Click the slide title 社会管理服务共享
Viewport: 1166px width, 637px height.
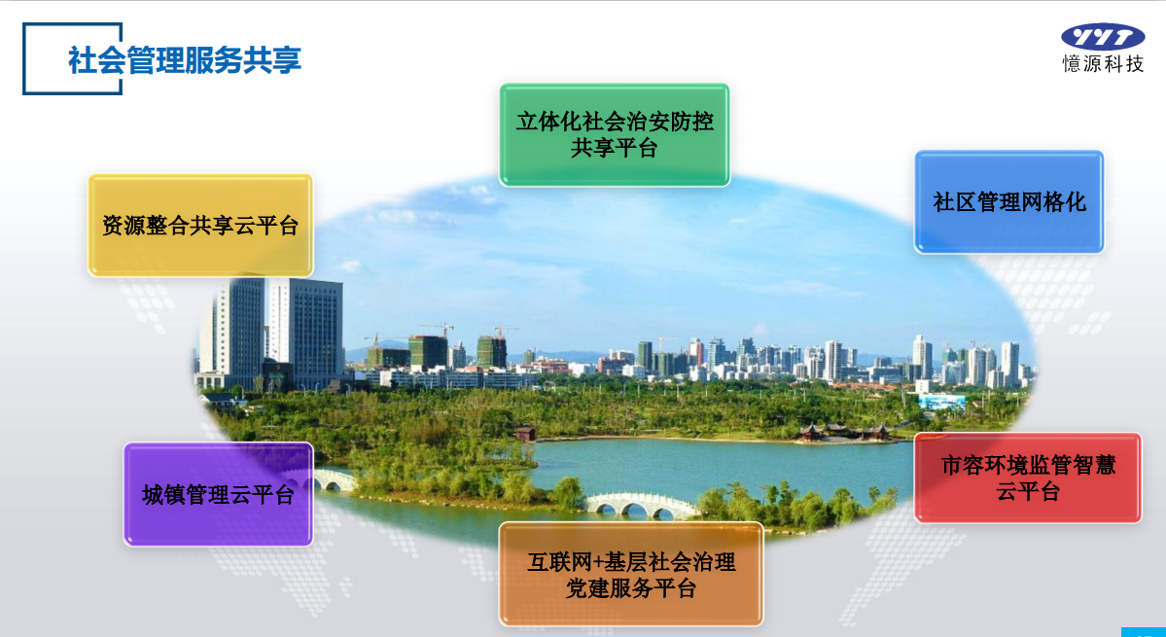pyautogui.click(x=185, y=59)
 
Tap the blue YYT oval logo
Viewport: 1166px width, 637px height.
pyautogui.click(x=1103, y=36)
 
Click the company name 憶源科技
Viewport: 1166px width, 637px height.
pyautogui.click(x=1103, y=64)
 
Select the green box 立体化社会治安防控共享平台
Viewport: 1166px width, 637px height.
pyautogui.click(x=615, y=134)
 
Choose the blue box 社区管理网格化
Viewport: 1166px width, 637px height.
pyautogui.click(x=1009, y=202)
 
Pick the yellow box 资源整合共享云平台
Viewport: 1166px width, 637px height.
pyautogui.click(x=200, y=226)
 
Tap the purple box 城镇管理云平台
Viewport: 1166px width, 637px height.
pyautogui.click(x=218, y=494)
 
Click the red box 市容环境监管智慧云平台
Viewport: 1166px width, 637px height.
pyautogui.click(x=1028, y=478)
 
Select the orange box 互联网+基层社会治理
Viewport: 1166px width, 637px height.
pyautogui.click(x=630, y=574)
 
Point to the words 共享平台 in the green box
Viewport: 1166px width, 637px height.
pyautogui.click(x=615, y=148)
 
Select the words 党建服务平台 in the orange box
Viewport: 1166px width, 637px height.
pyautogui.click(x=630, y=588)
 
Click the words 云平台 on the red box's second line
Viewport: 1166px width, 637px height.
pyautogui.click(x=1028, y=491)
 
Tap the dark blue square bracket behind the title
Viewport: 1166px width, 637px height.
pyautogui.click(x=72, y=58)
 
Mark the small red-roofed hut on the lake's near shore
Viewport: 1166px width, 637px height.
pyautogui.click(x=524, y=433)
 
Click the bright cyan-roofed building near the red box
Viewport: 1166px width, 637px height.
pyautogui.click(x=942, y=402)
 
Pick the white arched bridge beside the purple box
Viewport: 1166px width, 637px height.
pyautogui.click(x=332, y=479)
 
